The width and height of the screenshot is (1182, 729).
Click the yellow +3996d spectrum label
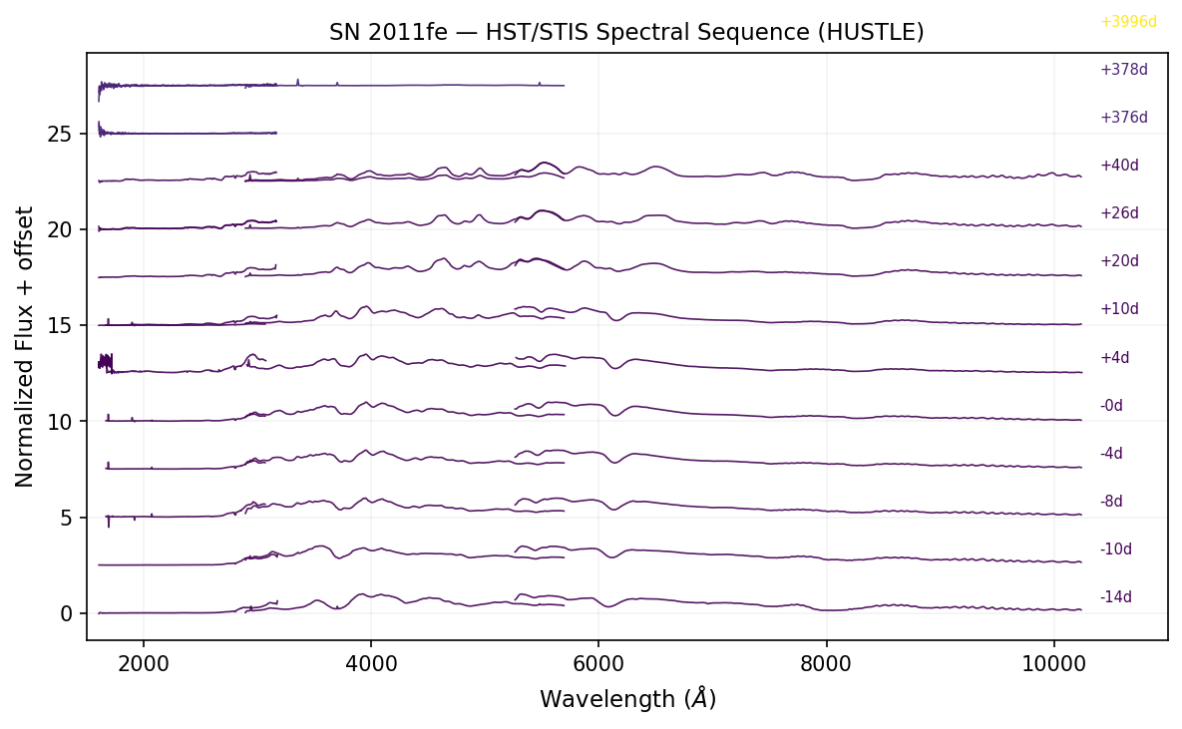(x=1128, y=22)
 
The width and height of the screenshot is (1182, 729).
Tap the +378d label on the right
(x=1123, y=70)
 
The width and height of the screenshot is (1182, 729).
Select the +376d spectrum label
(x=1123, y=118)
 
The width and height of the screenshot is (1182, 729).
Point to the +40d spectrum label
(x=1119, y=166)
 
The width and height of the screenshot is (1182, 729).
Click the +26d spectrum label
(x=1119, y=213)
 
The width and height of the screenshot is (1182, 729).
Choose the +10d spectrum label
(x=1119, y=309)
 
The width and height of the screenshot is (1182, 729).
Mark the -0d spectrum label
(x=1111, y=406)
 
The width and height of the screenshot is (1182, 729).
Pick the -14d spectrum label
(x=1115, y=597)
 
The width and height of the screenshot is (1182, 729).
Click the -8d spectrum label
(x=1111, y=502)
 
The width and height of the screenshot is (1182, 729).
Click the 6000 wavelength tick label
(x=598, y=661)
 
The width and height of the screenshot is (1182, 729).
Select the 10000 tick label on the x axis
(x=1053, y=661)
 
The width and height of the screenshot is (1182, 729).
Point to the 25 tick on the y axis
(x=62, y=134)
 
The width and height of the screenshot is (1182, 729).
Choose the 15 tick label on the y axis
(x=62, y=326)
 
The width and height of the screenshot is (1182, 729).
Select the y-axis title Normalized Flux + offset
(x=25, y=347)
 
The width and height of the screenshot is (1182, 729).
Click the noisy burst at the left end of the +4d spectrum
(x=105, y=362)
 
